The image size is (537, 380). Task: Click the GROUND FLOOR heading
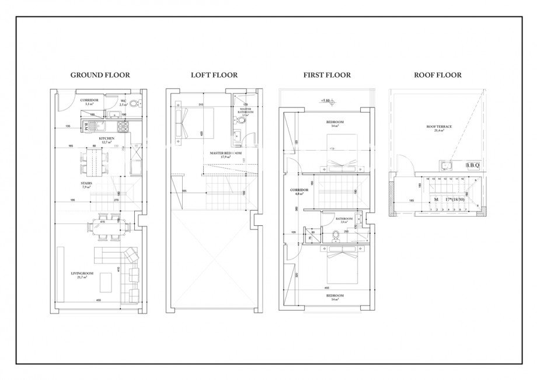pos(100,75)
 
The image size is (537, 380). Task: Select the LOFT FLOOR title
pos(214,75)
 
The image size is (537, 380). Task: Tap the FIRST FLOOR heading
pos(327,75)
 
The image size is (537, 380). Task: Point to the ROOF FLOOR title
pos(438,75)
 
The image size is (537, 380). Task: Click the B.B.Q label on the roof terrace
pos(472,166)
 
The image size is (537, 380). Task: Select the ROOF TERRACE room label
pos(436,128)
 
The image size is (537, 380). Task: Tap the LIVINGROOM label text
pos(78,274)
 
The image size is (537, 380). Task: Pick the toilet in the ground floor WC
pos(134,104)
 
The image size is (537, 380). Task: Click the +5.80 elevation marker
pos(325,101)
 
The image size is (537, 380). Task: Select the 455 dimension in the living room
pos(99,300)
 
